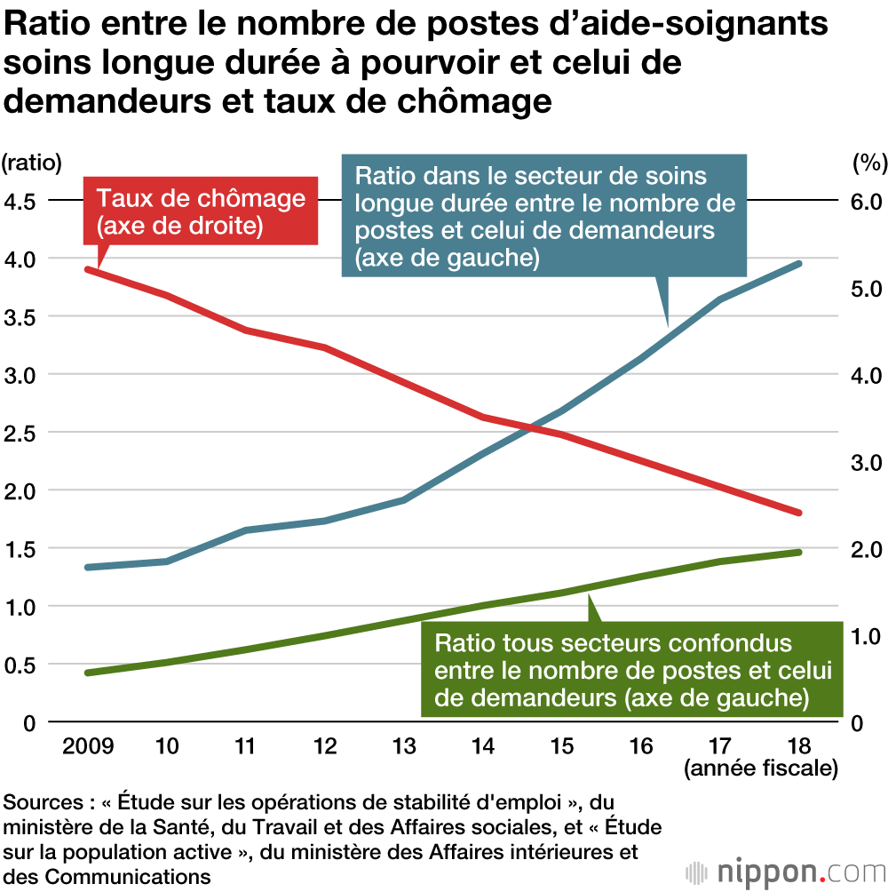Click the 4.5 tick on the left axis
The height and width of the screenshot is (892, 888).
[x=20, y=201]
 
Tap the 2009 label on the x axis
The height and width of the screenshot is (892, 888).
[x=88, y=745]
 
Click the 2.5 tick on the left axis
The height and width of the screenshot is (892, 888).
[x=20, y=433]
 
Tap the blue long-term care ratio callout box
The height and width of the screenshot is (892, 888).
[x=543, y=213]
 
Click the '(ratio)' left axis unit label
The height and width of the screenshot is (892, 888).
[x=32, y=163]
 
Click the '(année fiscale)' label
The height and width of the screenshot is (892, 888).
[x=761, y=769]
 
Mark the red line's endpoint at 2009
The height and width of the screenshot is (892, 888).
[x=88, y=268]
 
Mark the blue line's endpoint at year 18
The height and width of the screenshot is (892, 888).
[x=798, y=264]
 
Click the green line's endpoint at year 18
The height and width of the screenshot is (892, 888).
[x=798, y=552]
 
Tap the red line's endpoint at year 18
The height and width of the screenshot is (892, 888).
[x=798, y=513]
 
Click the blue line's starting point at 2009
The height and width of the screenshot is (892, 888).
[x=88, y=567]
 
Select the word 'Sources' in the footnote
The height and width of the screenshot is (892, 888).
[x=42, y=802]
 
